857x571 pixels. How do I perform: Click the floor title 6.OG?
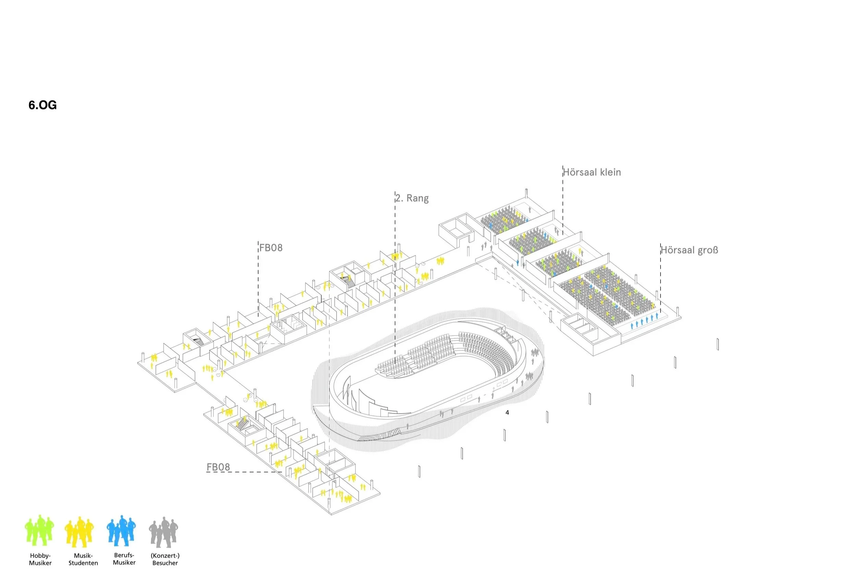pos(43,105)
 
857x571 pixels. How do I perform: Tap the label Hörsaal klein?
pos(592,172)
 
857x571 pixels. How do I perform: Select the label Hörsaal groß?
pos(689,250)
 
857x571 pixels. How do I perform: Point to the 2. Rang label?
pos(412,198)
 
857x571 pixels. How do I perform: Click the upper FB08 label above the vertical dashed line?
pos(271,247)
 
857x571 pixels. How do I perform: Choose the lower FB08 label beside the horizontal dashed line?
pos(218,467)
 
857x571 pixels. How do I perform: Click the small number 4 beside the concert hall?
pos(507,413)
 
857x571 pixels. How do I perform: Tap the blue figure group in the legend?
pos(121,531)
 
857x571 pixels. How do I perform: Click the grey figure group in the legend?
pos(164,532)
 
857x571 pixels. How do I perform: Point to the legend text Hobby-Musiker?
pos(40,559)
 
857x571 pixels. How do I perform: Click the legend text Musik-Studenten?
pos(83,559)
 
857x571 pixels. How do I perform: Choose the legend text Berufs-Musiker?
pos(124,559)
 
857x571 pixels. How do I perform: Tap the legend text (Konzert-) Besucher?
pos(165,559)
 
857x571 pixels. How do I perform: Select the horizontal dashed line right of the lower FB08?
pos(244,472)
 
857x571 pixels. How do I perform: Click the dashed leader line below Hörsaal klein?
pos(563,200)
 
